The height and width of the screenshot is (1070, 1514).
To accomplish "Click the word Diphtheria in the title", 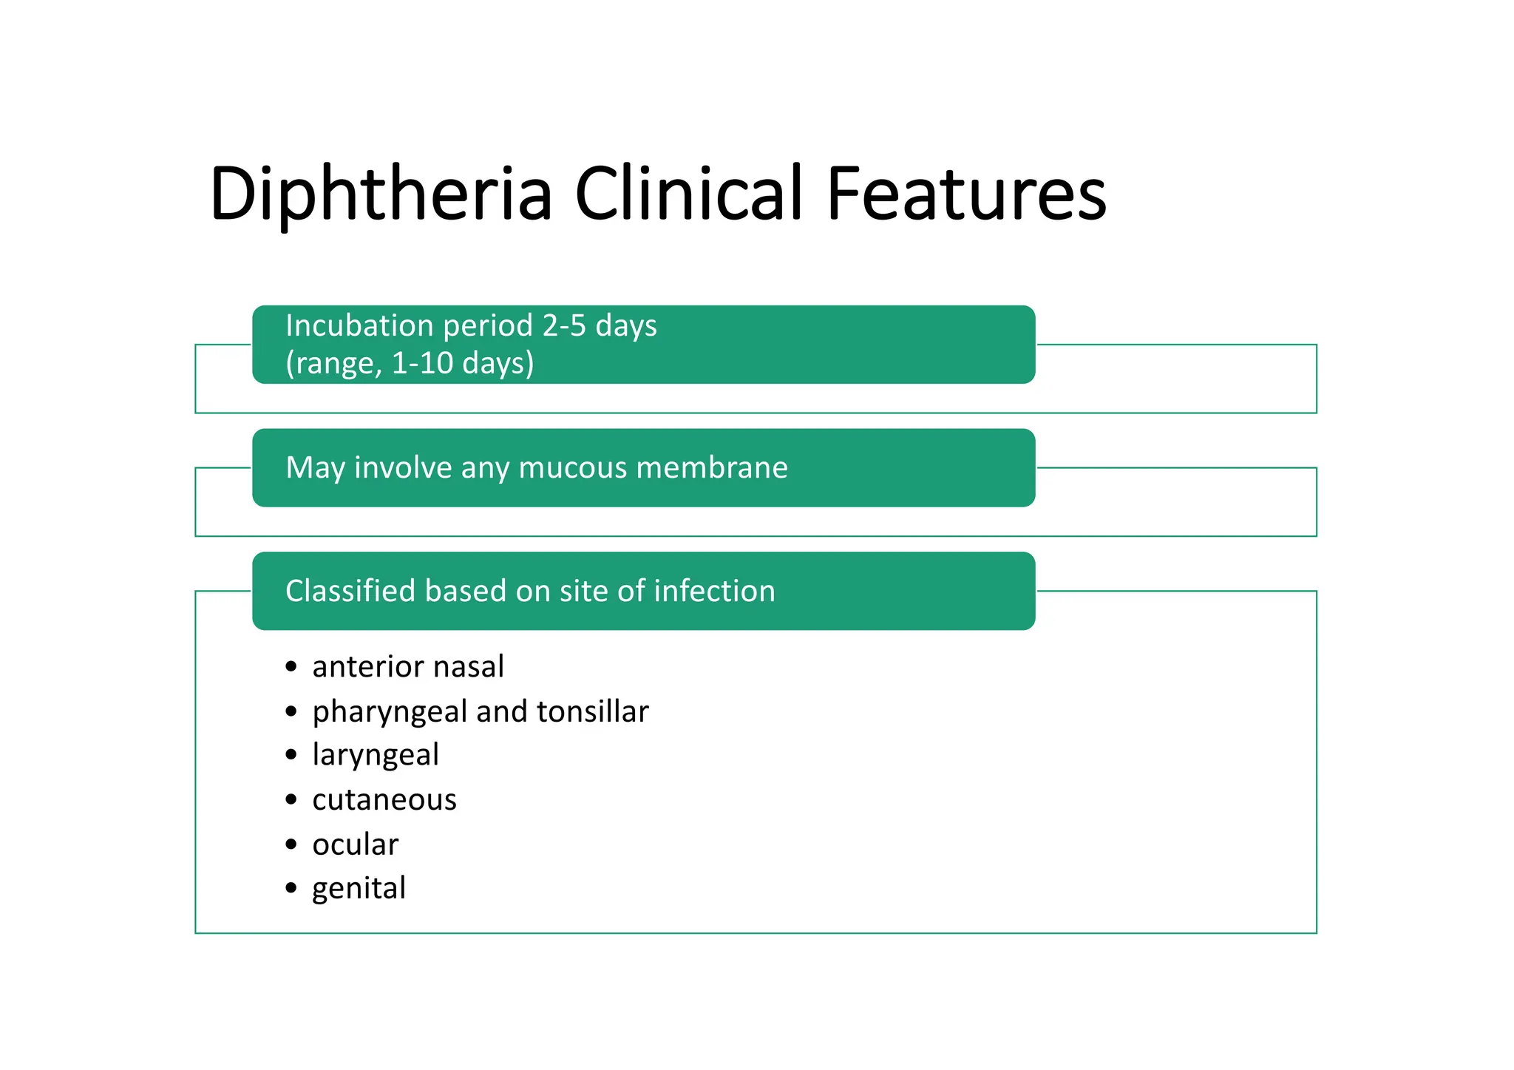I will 381,194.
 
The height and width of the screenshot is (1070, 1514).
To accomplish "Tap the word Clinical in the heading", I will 688,194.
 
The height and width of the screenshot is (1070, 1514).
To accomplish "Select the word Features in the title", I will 966,194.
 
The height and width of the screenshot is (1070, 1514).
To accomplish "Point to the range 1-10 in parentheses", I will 419,364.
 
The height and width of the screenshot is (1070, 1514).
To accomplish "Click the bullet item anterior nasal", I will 408,667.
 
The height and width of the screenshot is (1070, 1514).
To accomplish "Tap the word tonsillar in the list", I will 593,711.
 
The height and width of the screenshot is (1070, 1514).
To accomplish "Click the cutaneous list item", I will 384,800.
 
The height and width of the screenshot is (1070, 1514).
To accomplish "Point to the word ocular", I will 356,844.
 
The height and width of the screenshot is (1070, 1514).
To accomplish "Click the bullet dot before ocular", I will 291,844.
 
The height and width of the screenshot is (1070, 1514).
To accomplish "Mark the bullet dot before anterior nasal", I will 291,667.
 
